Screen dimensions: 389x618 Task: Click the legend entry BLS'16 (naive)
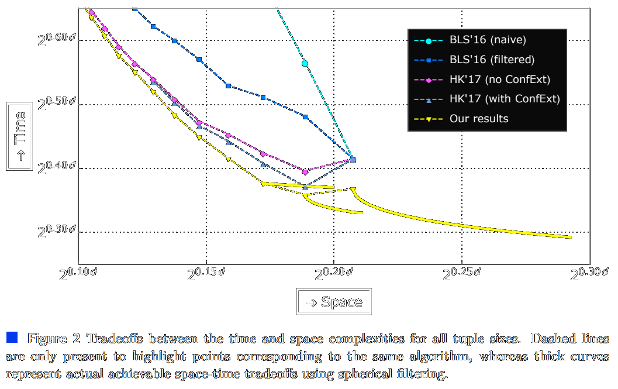coord(488,40)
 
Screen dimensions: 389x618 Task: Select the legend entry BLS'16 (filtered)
coord(491,60)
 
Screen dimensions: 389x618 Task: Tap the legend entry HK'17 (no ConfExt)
coord(500,79)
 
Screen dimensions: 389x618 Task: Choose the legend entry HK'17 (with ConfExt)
coord(504,99)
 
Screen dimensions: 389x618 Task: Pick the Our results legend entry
coord(479,119)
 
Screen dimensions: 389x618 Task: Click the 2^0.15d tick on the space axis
coord(205,274)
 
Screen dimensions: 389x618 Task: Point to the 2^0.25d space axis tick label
coord(461,274)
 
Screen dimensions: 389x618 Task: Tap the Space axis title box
coord(334,302)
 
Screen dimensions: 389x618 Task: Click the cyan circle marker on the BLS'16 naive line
coord(305,63)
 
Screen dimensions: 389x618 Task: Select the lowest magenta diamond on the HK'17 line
coord(305,171)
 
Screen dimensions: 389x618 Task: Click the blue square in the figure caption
coord(12,338)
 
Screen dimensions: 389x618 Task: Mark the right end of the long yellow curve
coord(570,237)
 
